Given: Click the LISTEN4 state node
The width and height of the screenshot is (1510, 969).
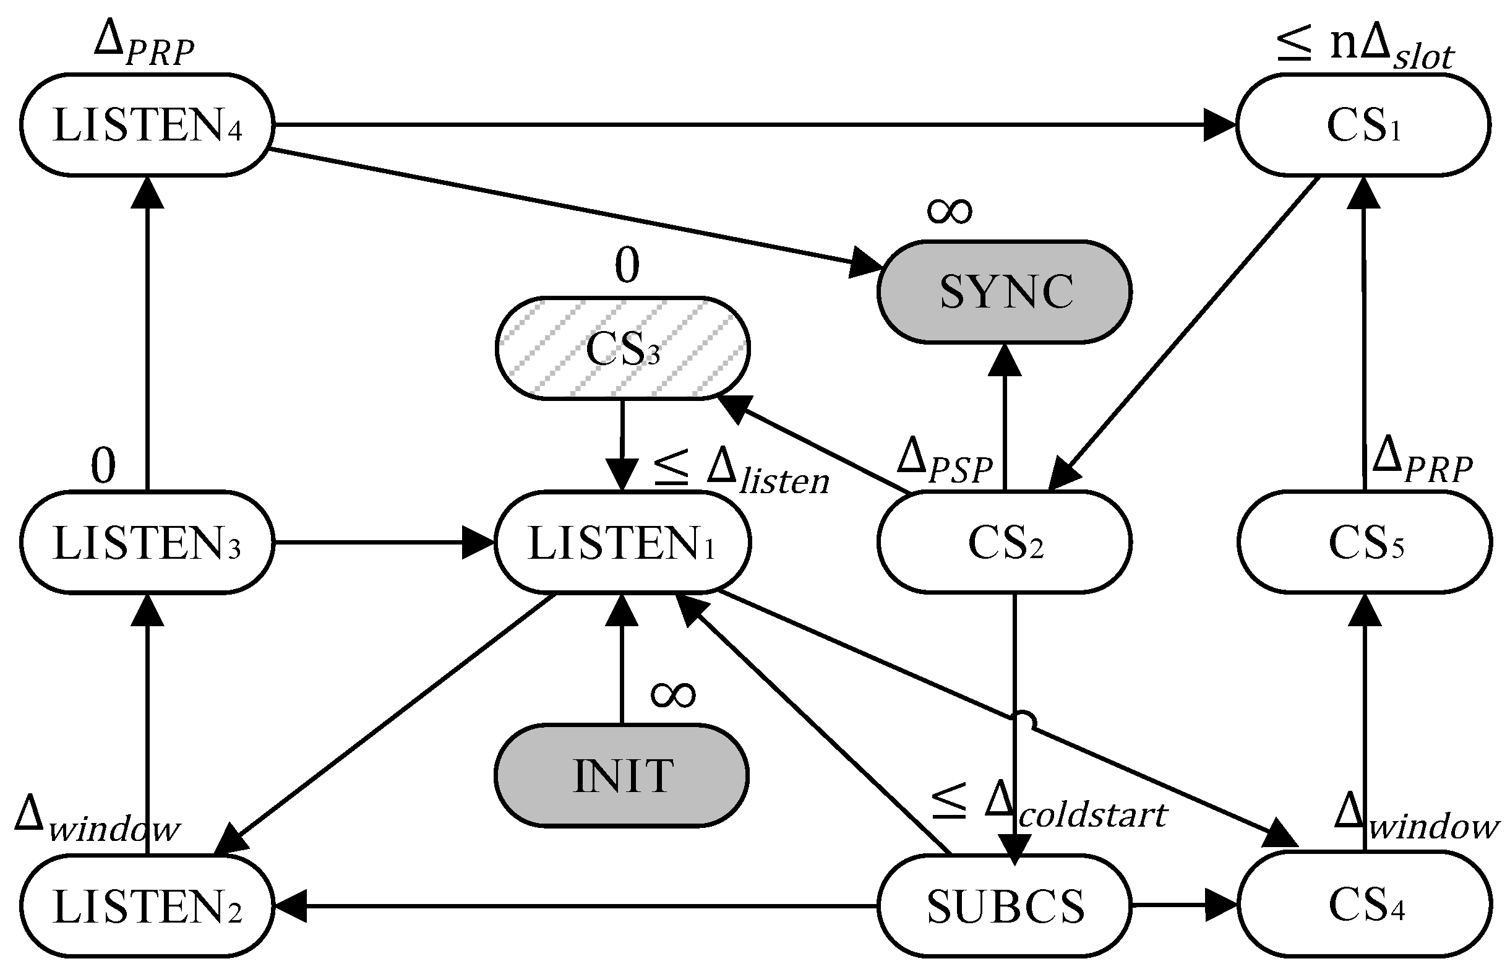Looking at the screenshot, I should (147, 125).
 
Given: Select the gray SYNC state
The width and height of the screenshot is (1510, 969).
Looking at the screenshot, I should (1005, 292).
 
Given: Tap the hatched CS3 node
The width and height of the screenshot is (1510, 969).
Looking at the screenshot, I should (622, 348).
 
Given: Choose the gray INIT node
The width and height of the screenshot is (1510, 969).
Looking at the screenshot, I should (622, 776).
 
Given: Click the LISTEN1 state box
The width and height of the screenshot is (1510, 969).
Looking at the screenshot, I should (622, 543).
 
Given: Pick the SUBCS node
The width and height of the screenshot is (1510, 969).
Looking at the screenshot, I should (1005, 906).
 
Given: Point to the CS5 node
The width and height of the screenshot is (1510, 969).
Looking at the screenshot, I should (1365, 543).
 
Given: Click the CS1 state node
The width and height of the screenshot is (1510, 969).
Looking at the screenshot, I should (1363, 125).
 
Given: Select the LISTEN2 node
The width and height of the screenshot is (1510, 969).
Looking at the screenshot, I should (147, 906).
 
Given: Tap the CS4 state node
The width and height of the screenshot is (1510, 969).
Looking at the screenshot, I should (1365, 904).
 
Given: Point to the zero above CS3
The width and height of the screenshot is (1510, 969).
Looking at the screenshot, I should (627, 265).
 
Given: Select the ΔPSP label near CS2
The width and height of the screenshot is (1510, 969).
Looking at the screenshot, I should (943, 462).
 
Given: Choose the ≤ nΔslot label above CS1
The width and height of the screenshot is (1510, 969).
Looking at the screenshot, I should (1365, 49).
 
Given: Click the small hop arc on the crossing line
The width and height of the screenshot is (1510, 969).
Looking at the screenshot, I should (1024, 720).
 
